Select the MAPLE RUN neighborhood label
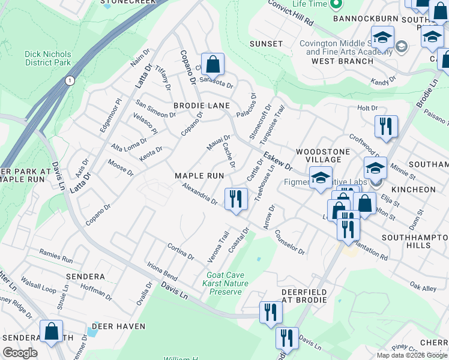[199, 176]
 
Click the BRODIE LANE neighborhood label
[202, 106]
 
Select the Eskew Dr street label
[279, 161]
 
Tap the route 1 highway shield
[70, 81]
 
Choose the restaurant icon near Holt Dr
[385, 126]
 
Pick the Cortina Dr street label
[181, 252]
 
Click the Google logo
[20, 352]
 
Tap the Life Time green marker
[336, 5]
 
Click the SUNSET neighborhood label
[267, 44]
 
